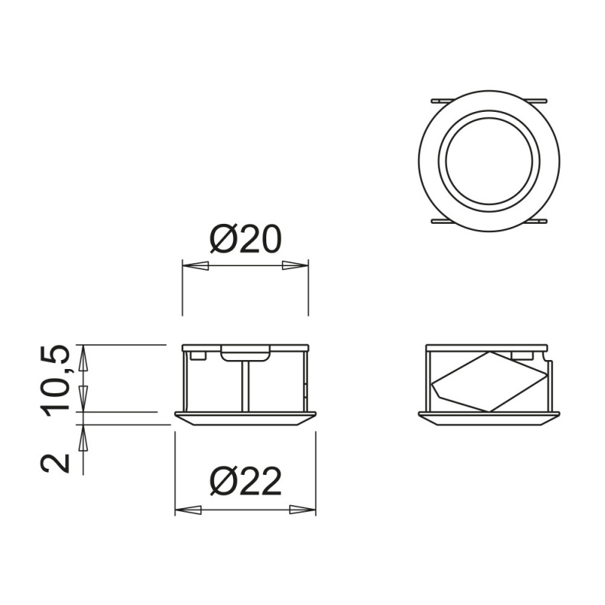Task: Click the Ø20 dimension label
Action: tap(245, 240)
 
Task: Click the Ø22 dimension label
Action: tap(245, 482)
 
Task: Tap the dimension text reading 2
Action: tap(57, 461)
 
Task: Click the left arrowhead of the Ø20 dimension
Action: tap(196, 265)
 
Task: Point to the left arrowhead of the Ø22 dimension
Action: tap(188, 510)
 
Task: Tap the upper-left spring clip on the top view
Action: tap(441, 100)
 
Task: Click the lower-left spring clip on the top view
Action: tap(441, 221)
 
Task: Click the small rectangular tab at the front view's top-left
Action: tap(197, 352)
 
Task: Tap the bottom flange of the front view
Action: tap(245, 418)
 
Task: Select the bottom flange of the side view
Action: tap(490, 418)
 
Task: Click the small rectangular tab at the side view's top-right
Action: tap(522, 353)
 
